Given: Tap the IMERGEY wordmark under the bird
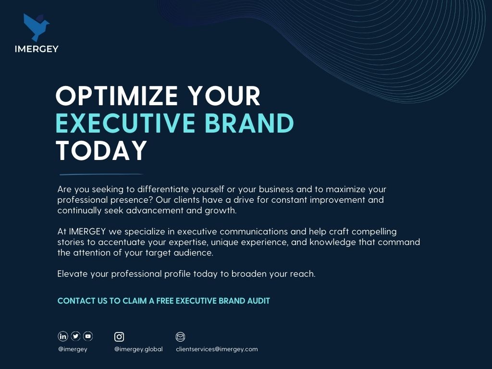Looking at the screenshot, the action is pyautogui.click(x=37, y=49).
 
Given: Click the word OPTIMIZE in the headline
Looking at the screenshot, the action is pyautogui.click(x=117, y=96).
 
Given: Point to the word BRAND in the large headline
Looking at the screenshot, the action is pyautogui.click(x=249, y=123).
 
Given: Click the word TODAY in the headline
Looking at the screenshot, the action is pyautogui.click(x=101, y=150).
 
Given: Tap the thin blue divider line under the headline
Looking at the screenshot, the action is pyautogui.click(x=101, y=174).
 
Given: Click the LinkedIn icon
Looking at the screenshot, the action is pyautogui.click(x=63, y=336).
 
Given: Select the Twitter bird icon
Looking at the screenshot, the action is pyautogui.click(x=75, y=336).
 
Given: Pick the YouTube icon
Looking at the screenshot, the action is pyautogui.click(x=88, y=336).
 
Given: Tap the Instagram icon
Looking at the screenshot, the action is pyautogui.click(x=119, y=337).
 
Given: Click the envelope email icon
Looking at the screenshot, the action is pyautogui.click(x=180, y=337).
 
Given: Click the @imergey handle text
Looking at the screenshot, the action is pyautogui.click(x=73, y=349).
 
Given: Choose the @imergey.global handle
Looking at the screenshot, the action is pyautogui.click(x=138, y=349).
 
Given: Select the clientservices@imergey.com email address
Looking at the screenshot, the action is pyautogui.click(x=217, y=349).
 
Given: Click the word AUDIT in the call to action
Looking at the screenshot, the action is pyautogui.click(x=258, y=301).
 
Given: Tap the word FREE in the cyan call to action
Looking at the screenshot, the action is pyautogui.click(x=165, y=301).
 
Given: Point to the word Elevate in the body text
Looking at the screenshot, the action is pyautogui.click(x=73, y=274).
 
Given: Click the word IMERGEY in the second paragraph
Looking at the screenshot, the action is pyautogui.click(x=87, y=232).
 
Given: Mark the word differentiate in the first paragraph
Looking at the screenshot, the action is pyautogui.click(x=163, y=189).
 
